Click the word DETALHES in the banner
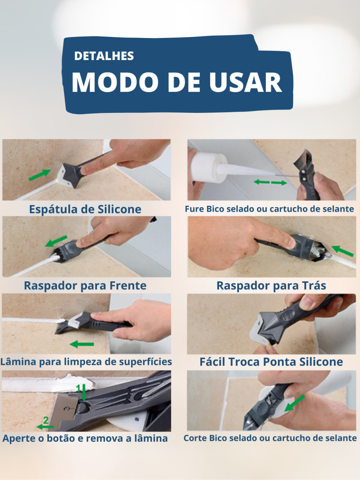tap(104, 56)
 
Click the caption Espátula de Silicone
tap(85, 209)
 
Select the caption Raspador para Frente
tap(85, 286)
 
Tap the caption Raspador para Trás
tap(271, 286)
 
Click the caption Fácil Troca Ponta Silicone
tap(271, 362)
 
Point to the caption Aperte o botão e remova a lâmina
tap(85, 439)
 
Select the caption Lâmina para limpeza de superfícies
tap(86, 362)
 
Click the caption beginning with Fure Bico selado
tap(269, 209)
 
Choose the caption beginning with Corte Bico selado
tap(270, 438)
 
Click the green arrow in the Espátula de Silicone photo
tap(40, 175)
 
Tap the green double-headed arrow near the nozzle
tap(270, 183)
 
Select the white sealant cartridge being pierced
tap(207, 167)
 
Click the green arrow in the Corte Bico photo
tap(295, 403)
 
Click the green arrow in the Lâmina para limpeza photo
tap(82, 344)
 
